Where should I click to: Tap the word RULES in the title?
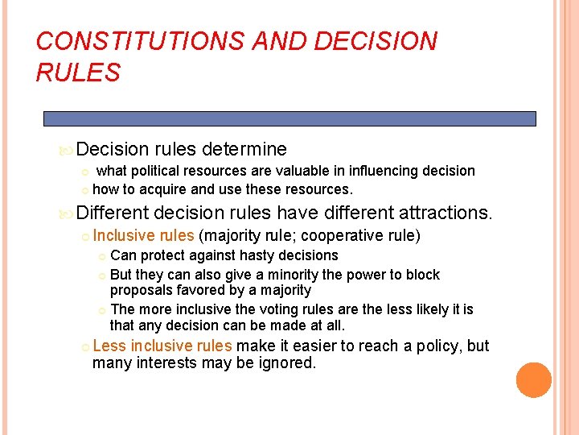tap(78, 72)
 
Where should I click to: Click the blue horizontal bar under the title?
tap(289, 118)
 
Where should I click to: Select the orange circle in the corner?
tap(534, 380)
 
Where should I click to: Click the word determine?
tap(244, 149)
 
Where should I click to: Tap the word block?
tap(424, 275)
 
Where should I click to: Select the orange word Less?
tap(109, 346)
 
